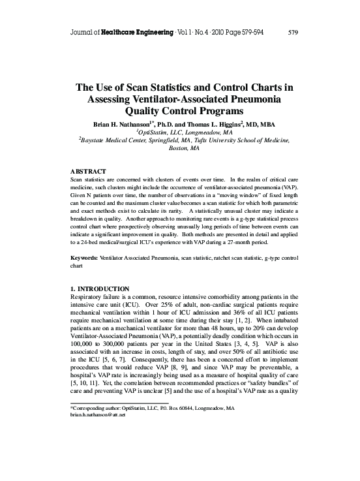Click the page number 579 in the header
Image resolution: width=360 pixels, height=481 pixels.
coord(292,31)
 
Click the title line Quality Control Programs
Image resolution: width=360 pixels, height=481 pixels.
coord(179,110)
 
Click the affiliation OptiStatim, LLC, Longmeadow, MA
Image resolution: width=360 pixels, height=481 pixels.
coord(179,131)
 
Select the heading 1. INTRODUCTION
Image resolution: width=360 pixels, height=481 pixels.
coord(102,289)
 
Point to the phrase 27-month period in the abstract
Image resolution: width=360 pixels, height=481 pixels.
coord(249,241)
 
